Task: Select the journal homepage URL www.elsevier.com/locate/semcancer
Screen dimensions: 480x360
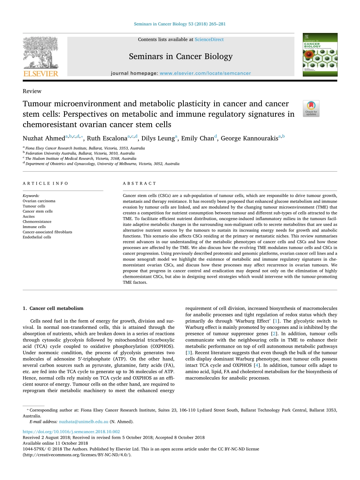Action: click(205, 73)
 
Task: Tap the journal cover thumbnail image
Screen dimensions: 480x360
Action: click(319, 55)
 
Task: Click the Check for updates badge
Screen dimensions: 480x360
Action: click(311, 108)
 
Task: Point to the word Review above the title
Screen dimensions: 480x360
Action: click(32, 91)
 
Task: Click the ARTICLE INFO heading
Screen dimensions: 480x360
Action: click(45, 183)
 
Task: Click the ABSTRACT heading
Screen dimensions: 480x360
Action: click(139, 183)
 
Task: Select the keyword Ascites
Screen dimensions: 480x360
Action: click(28, 216)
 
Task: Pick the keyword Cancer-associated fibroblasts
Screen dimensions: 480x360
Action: click(47, 232)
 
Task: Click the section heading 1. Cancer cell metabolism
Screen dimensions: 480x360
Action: click(53, 308)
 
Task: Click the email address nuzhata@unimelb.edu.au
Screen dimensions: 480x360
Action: click(83, 421)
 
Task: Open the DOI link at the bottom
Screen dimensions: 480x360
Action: click(71, 432)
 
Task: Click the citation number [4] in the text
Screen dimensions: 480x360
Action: click(257, 365)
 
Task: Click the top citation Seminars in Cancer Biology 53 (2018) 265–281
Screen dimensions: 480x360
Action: click(180, 24)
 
